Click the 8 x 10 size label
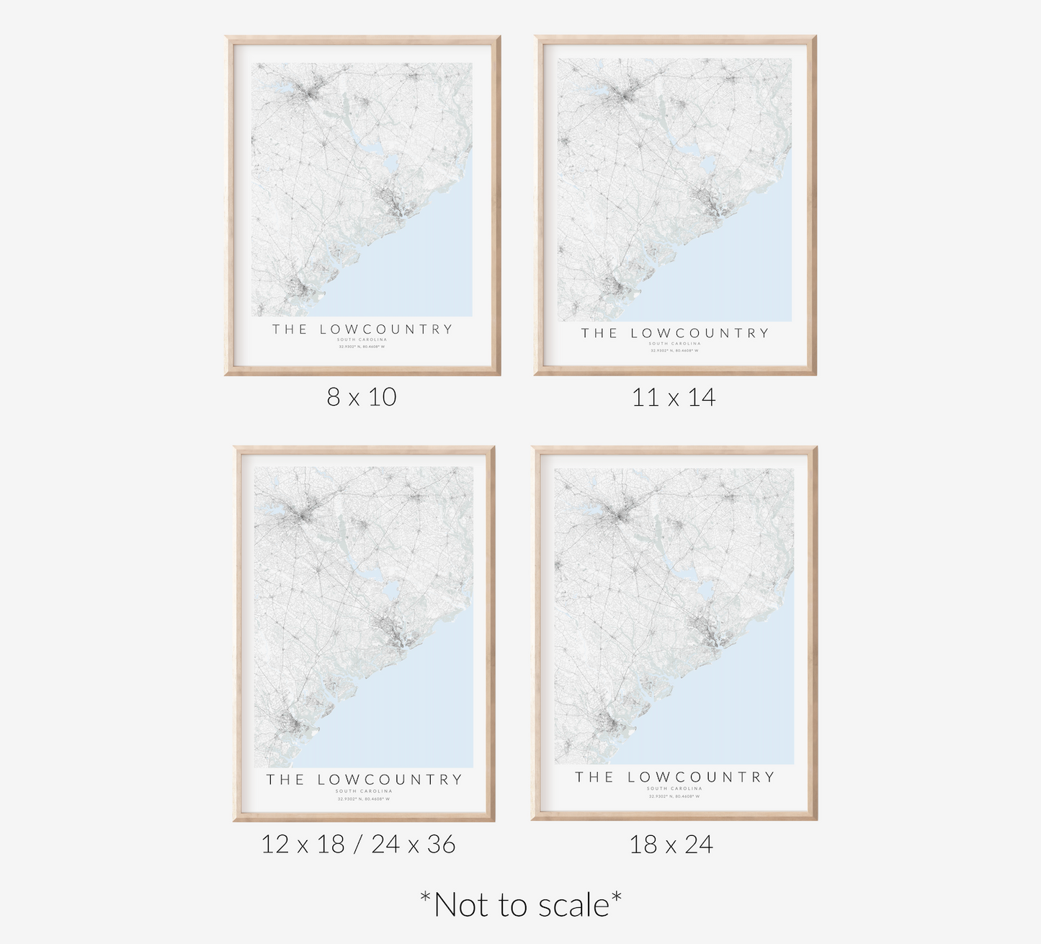pos(362,397)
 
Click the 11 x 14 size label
pos(674,397)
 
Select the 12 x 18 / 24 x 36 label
pos(358,844)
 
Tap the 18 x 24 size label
pos(671,844)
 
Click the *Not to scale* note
pos(521,904)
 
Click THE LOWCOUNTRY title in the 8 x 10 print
pos(362,329)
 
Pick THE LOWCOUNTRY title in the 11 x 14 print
pos(675,333)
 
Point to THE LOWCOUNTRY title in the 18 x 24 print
pos(674,777)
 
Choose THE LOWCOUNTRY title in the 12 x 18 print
pos(364,779)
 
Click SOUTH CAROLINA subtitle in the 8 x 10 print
pos(362,339)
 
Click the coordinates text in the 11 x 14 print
pos(674,351)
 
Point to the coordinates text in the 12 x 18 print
pos(364,798)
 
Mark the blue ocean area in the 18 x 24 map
pos(735,706)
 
